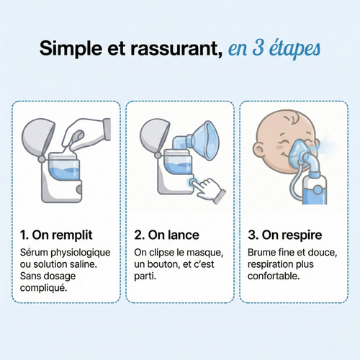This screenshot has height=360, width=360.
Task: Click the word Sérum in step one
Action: (x=36, y=253)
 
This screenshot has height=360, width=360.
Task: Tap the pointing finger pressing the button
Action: (x=210, y=189)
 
